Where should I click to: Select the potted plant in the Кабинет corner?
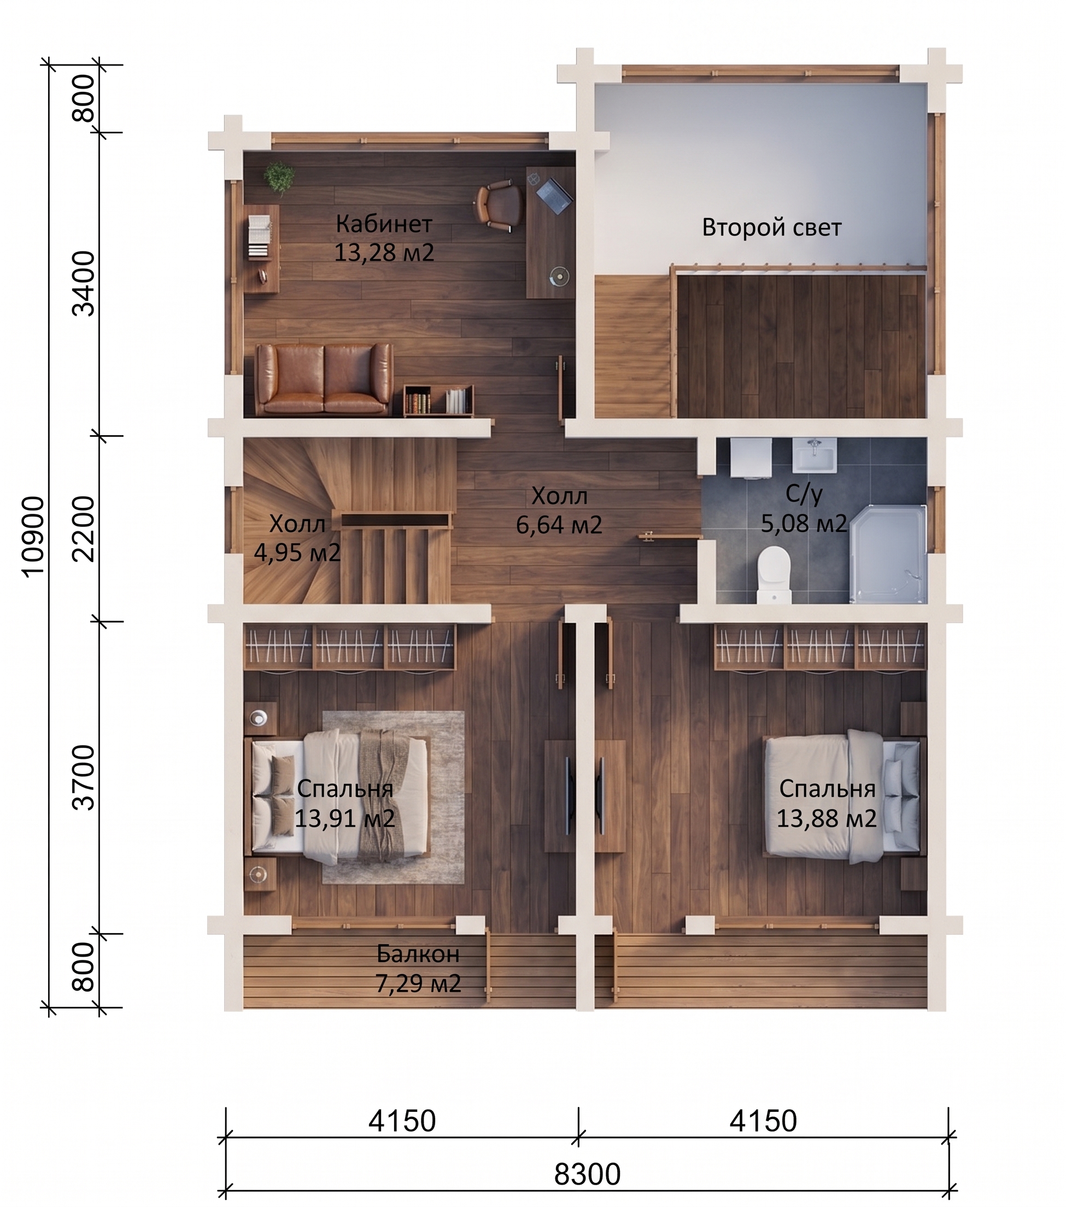click(279, 178)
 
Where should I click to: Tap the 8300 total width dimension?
click(587, 1175)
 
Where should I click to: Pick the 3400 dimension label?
click(83, 284)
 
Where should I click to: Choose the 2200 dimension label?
click(83, 529)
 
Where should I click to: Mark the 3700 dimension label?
click(83, 777)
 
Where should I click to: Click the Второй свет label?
click(771, 227)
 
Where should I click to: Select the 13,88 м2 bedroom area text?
click(826, 818)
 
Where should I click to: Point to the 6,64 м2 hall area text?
click(559, 524)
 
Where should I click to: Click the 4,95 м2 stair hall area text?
click(297, 552)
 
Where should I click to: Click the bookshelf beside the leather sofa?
click(439, 401)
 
